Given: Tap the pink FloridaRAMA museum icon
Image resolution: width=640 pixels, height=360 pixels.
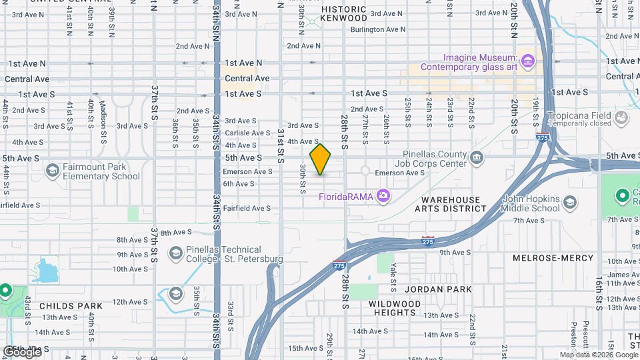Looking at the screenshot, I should [383, 196].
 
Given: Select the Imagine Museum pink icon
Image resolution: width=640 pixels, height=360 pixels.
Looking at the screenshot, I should [528, 62].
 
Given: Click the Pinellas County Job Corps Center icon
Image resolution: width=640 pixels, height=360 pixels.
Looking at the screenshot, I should [476, 158].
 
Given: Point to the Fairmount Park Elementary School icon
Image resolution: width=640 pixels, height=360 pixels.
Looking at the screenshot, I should [52, 171].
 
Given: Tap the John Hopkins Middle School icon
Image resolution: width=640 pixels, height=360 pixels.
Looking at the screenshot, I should [570, 202].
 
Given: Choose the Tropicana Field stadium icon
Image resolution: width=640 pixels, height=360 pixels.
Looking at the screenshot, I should [621, 118].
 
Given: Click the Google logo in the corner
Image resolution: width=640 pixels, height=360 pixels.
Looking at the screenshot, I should [22, 351].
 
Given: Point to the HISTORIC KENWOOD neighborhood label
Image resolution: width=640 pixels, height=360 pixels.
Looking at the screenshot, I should [343, 14].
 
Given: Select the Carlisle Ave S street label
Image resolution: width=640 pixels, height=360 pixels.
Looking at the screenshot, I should [247, 133].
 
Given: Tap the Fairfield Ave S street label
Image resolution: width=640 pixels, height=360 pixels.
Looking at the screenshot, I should [247, 208].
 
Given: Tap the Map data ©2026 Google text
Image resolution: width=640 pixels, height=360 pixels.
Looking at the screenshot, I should [599, 355].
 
